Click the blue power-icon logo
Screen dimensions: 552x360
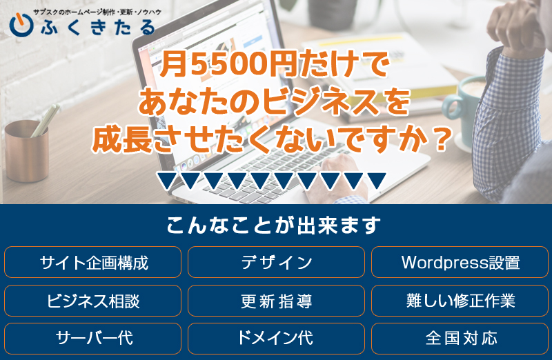pyautogui.click(x=21, y=25)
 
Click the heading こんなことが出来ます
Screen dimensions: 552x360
pyautogui.click(x=273, y=226)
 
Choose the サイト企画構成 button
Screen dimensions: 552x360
pyautogui.click(x=92, y=262)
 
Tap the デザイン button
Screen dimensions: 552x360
pyautogui.click(x=276, y=262)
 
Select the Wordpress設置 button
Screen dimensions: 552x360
pyautogui.click(x=460, y=262)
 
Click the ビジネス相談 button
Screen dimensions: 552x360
pyautogui.click(x=92, y=301)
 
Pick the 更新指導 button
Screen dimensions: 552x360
pyautogui.click(x=276, y=301)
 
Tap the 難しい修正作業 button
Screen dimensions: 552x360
pyautogui.click(x=460, y=301)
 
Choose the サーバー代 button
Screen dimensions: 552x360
pyautogui.click(x=92, y=338)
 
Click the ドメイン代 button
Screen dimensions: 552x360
pyautogui.click(x=276, y=338)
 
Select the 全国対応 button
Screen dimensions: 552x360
pyautogui.click(x=460, y=338)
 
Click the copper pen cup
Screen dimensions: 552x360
pyautogui.click(x=26, y=151)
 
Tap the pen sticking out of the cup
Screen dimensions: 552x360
pyautogui.click(x=45, y=120)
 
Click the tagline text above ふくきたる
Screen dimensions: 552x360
pyautogui.click(x=97, y=12)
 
